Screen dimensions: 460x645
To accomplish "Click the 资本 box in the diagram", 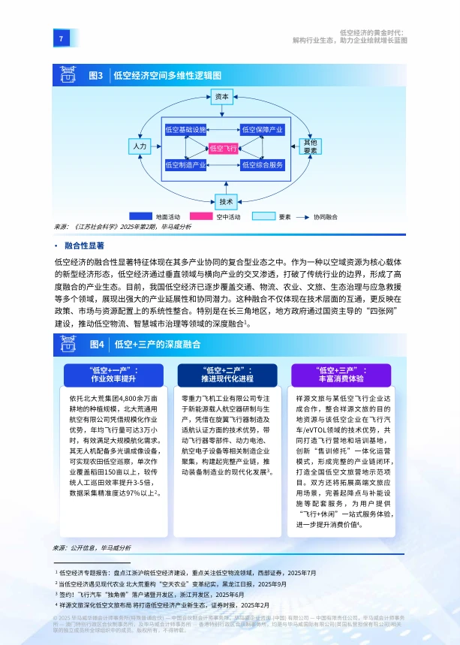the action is pos(222,97).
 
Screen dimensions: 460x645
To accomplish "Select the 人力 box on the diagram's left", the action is pos(140,146).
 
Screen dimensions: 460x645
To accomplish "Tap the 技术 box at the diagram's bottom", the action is pos(226,200).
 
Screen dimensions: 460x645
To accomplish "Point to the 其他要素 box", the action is pos(310,146).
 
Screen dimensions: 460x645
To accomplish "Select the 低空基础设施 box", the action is pos(185,131).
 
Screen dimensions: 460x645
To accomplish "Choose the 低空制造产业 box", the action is pos(185,164).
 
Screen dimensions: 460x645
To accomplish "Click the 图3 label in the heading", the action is pos(95,76).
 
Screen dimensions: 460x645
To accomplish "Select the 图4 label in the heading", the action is pos(95,344).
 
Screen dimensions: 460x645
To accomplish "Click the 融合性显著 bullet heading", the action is pos(84,246).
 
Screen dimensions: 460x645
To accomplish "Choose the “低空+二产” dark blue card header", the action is pos(227,374).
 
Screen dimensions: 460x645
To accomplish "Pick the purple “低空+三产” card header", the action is pos(341,374).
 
